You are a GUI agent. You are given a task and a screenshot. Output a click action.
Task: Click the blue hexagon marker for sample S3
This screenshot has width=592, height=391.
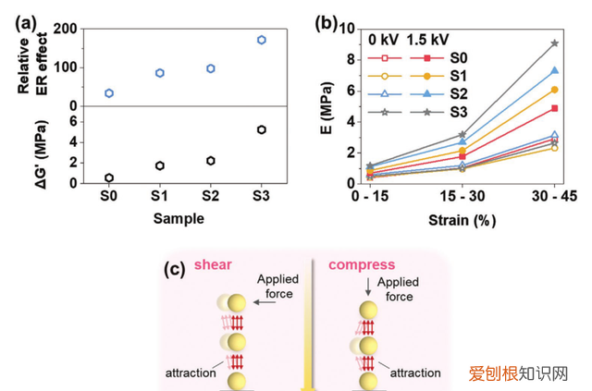[x=261, y=40]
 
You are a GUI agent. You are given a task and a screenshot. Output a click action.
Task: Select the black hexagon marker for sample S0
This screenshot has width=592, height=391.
[x=109, y=177]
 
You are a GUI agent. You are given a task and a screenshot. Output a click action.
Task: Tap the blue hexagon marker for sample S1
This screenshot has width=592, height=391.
[x=160, y=73]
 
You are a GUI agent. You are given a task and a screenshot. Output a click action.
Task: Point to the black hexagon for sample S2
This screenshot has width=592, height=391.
[x=211, y=161]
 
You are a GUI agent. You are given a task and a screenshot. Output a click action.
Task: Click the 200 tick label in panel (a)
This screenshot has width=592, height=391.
[x=65, y=29]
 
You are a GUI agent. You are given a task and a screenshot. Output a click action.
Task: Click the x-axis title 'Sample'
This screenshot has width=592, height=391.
[x=179, y=218]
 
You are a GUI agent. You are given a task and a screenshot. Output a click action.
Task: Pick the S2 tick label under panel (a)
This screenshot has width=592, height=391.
[x=210, y=196]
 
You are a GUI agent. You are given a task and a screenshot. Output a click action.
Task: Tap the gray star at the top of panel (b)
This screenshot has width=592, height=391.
[x=555, y=43]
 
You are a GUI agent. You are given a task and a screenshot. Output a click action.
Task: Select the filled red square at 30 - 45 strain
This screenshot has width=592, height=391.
[x=555, y=108]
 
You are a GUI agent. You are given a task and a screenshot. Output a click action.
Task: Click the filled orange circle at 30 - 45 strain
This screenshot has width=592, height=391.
[x=555, y=90]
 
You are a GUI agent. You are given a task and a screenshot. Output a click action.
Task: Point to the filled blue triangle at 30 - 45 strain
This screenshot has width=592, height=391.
[x=555, y=70]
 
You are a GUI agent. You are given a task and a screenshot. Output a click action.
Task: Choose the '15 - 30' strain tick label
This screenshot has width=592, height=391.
[x=462, y=196]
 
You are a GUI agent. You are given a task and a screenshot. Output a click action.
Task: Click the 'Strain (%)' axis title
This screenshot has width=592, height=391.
[x=462, y=220]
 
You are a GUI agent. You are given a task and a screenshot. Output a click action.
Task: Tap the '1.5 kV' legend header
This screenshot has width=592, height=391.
[x=427, y=40]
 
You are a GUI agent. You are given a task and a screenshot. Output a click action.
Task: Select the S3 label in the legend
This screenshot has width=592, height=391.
[x=459, y=112]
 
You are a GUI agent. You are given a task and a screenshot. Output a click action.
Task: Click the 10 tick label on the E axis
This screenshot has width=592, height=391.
[x=348, y=29]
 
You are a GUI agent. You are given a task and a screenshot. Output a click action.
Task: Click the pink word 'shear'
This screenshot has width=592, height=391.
[x=213, y=264]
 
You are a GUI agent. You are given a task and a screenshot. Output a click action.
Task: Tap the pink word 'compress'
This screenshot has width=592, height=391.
[x=362, y=265]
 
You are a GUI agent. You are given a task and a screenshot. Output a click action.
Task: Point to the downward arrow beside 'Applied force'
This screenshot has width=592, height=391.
[x=368, y=287]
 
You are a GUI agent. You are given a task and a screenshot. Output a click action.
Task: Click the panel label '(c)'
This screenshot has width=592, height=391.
[x=175, y=270]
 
